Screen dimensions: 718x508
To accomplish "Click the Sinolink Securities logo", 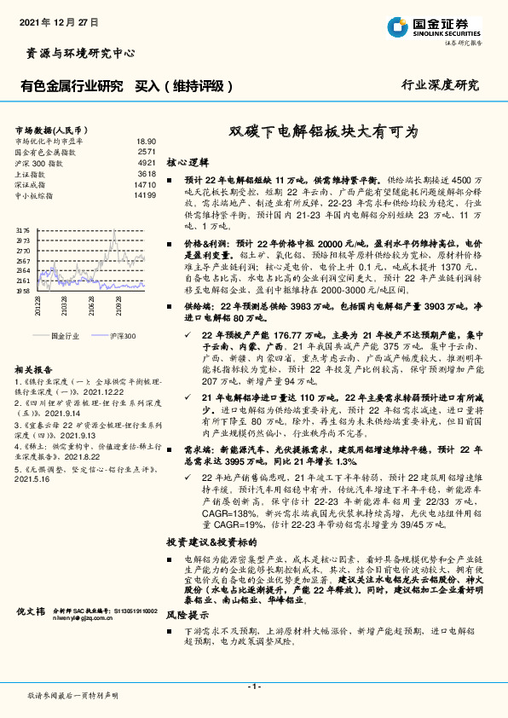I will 433,27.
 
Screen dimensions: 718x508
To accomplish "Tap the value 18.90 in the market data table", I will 147,141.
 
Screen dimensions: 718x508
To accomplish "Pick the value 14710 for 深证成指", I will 145,184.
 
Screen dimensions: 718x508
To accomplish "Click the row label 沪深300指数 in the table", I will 40,162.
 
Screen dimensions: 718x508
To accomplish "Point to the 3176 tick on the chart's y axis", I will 23,231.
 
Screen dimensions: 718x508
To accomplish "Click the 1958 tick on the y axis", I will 23,291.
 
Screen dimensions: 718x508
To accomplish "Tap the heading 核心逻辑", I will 188,161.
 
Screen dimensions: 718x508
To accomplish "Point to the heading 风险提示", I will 187,614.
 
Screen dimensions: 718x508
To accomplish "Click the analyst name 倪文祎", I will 30,611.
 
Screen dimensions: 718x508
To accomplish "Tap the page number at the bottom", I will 253,686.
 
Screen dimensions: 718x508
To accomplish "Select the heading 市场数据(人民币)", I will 54,129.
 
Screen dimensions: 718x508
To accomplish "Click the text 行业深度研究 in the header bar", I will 440,86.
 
